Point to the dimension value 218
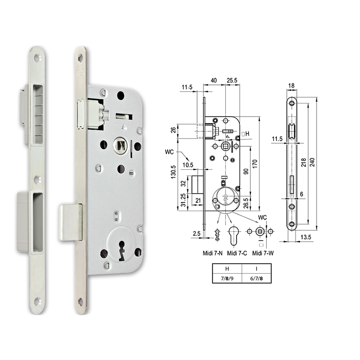click(304, 161)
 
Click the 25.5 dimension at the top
click(233, 81)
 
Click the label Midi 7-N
click(212, 253)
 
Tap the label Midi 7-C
click(237, 253)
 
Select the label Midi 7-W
click(264, 253)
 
